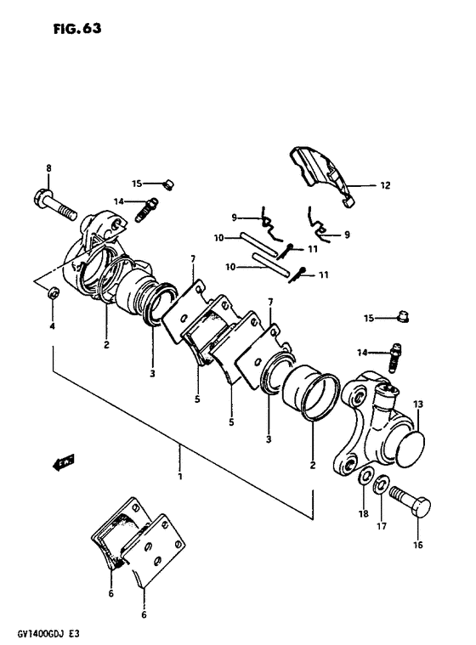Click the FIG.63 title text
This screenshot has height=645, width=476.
(77, 28)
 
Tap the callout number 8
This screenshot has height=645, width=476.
(49, 167)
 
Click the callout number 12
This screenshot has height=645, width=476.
(385, 185)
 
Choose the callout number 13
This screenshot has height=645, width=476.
(417, 405)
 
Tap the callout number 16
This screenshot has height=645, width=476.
(417, 545)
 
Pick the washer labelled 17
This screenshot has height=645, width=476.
(382, 484)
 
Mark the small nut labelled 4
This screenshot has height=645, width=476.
(53, 294)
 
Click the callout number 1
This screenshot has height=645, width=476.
(180, 477)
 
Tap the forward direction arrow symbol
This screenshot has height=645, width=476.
(63, 461)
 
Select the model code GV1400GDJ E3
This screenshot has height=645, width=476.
(47, 634)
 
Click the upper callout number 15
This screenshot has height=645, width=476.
(137, 184)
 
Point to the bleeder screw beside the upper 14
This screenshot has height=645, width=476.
(146, 210)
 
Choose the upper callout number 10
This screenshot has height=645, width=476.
(218, 238)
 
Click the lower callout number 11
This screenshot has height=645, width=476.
(324, 274)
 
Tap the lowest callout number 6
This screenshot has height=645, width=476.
(144, 614)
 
